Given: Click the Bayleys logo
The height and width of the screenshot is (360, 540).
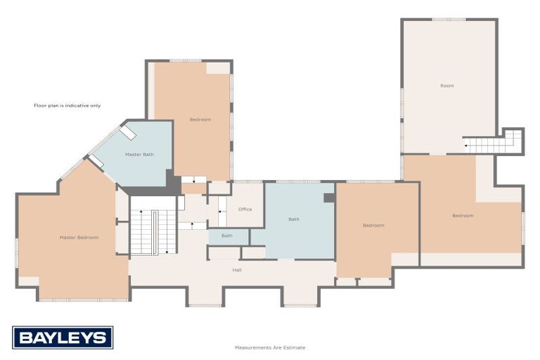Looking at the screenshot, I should (x=63, y=337).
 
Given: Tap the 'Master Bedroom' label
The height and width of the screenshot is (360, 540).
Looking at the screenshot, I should (x=79, y=238).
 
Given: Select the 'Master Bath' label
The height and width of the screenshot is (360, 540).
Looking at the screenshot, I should (x=139, y=155).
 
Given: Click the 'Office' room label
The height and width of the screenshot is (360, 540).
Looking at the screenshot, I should (x=245, y=210).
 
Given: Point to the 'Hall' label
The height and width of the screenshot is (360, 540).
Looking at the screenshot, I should (x=238, y=269).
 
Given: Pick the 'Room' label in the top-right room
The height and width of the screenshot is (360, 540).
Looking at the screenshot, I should (x=446, y=86).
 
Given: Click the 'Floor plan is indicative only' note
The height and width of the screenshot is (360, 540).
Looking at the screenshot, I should (x=67, y=105).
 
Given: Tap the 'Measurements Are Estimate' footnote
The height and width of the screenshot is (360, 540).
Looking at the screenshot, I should (x=270, y=347).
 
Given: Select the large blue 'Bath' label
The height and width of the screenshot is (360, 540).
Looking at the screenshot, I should (x=294, y=219).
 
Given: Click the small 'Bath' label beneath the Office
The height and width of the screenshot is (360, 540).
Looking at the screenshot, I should (x=227, y=236).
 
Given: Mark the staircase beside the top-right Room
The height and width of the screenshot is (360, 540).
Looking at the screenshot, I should (x=494, y=145).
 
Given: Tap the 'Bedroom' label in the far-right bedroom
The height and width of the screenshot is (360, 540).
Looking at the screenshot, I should (x=463, y=215).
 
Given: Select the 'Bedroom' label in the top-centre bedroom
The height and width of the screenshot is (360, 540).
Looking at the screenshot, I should (x=200, y=120).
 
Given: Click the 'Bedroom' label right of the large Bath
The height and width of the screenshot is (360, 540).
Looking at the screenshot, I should (x=373, y=225).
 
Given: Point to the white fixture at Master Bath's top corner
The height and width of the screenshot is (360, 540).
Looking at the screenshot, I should (x=127, y=132).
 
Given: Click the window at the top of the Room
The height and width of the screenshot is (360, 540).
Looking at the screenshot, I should (x=449, y=19).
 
